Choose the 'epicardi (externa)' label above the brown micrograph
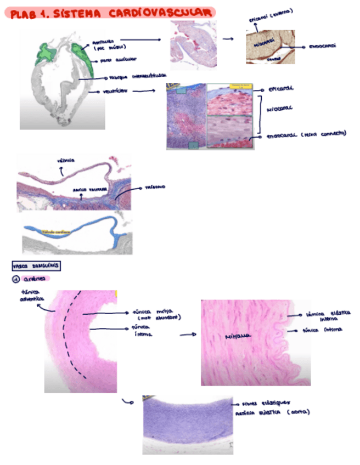point(270,16)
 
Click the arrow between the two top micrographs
point(229,39)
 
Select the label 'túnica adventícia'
point(31,296)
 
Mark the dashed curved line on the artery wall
point(75,334)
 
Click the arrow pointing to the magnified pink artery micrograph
point(188,333)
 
